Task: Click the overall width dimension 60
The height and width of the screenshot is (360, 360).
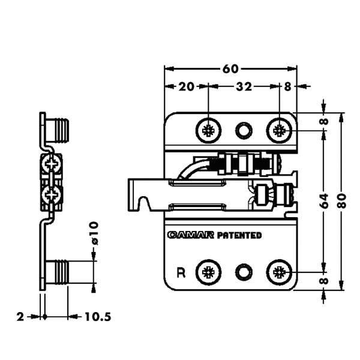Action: (x=230, y=68)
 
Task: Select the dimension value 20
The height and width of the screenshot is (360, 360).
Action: (x=186, y=86)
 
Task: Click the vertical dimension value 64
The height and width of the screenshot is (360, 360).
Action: (x=324, y=199)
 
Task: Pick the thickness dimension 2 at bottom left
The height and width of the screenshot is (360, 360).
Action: (x=20, y=316)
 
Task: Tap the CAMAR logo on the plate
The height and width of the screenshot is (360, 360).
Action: (x=191, y=235)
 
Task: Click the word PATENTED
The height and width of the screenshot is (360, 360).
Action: (x=239, y=235)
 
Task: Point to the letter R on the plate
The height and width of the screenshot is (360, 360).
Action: (x=181, y=272)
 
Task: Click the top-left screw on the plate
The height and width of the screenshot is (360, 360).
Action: (x=209, y=130)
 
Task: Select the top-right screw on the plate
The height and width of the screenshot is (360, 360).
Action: (x=280, y=130)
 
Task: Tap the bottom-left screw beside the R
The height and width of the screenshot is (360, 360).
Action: (x=209, y=272)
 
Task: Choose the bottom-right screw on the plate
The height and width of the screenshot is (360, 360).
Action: (x=280, y=272)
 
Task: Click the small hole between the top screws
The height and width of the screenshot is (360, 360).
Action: (x=244, y=130)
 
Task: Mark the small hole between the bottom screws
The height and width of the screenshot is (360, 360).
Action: (x=244, y=272)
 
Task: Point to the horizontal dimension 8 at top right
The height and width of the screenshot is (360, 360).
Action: (x=287, y=86)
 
